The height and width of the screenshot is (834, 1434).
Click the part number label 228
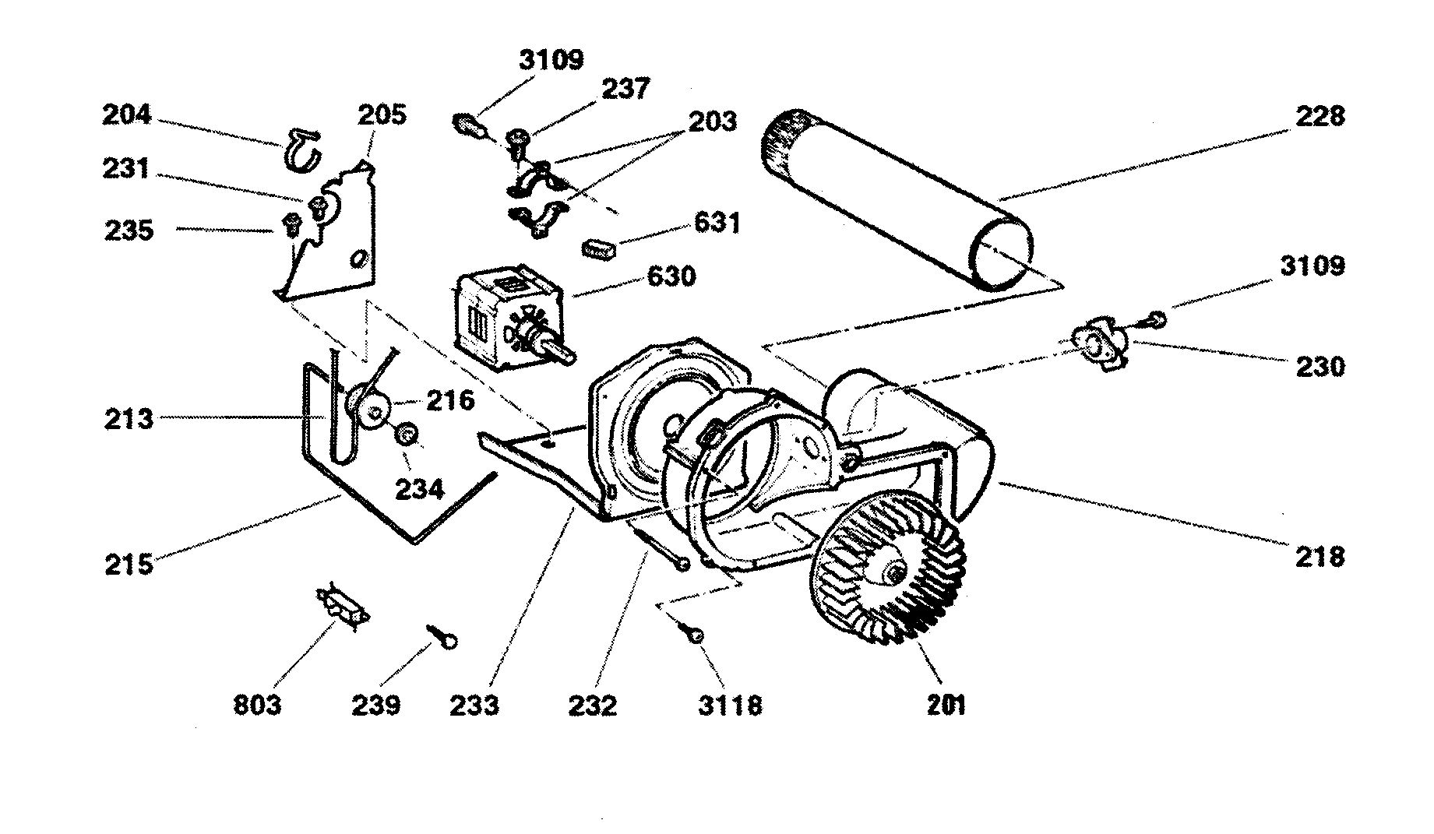tap(1319, 117)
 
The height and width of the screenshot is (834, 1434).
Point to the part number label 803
tap(257, 706)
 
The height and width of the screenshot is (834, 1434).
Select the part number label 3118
tap(730, 706)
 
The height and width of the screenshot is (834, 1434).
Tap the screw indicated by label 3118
tap(692, 634)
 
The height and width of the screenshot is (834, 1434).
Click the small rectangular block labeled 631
tap(598, 249)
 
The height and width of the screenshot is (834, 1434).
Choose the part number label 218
tap(1321, 556)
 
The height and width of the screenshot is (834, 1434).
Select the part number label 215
tap(129, 564)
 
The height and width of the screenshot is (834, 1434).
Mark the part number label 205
tap(382, 115)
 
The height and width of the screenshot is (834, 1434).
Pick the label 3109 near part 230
tap(1312, 266)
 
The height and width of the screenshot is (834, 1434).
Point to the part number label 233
tap(474, 706)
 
